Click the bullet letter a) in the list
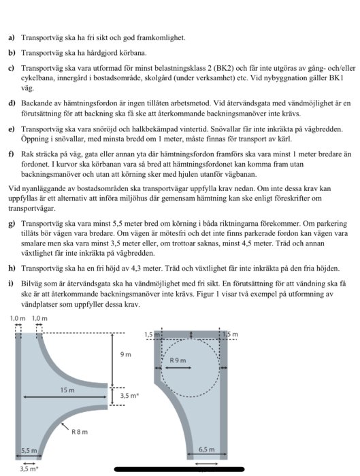(12, 39)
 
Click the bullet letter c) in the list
(12, 69)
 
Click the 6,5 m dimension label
(205, 449)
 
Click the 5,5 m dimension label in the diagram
(29, 450)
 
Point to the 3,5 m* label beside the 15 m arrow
(129, 395)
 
